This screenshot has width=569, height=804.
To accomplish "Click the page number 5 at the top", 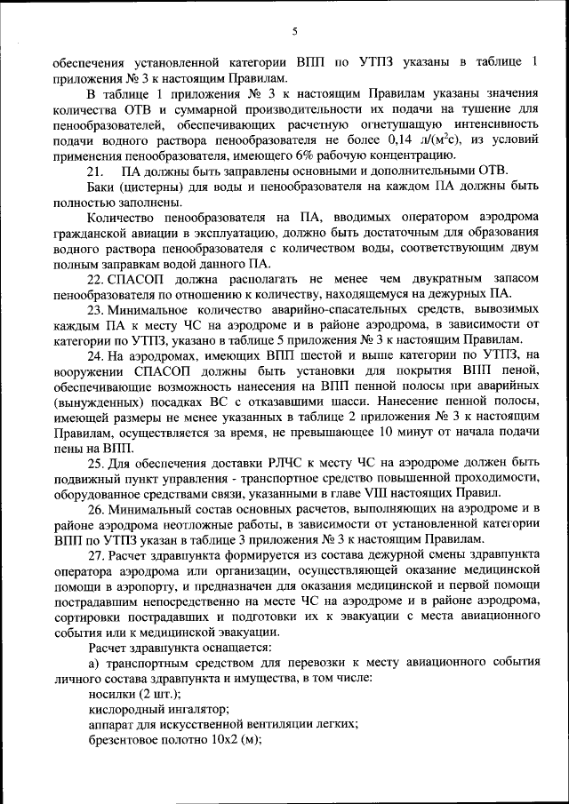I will click(293, 33).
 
